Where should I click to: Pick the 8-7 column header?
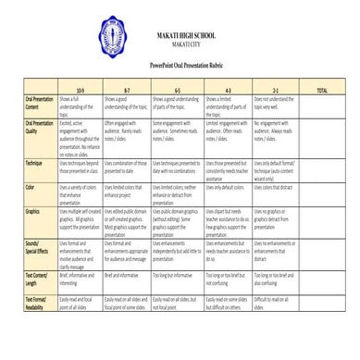(x=126, y=90)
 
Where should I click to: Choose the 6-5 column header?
(x=177, y=90)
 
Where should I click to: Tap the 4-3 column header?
(x=226, y=90)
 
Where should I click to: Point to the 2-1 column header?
(x=275, y=90)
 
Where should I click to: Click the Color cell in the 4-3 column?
(x=225, y=187)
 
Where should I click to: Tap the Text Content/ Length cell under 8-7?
(x=125, y=276)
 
